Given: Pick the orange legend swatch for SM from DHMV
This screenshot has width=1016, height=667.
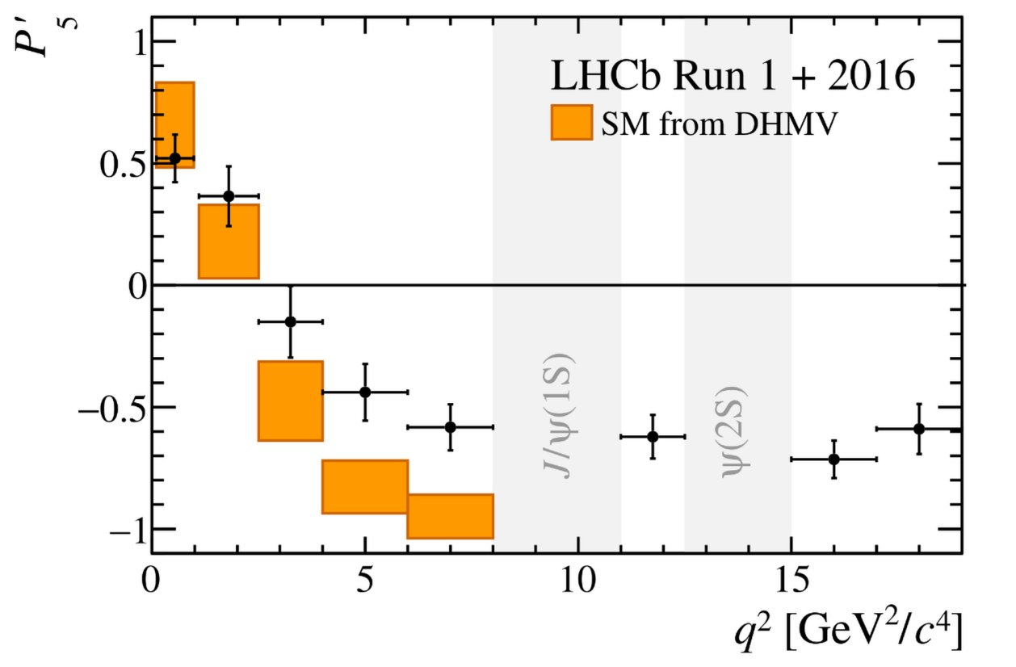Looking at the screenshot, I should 572,123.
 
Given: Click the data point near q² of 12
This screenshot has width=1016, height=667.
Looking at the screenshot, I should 653,437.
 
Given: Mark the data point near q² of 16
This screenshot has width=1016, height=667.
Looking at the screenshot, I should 834,459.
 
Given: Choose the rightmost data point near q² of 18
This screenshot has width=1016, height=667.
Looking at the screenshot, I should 919,429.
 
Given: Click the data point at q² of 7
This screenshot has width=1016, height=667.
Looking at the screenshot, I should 450,426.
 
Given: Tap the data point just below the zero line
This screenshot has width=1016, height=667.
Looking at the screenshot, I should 291,321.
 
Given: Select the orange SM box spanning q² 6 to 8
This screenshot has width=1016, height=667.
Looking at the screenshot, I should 450,516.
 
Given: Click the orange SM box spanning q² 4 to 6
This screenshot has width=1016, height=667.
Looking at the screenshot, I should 365,486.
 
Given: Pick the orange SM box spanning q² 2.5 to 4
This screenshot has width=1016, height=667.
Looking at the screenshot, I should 291,401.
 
